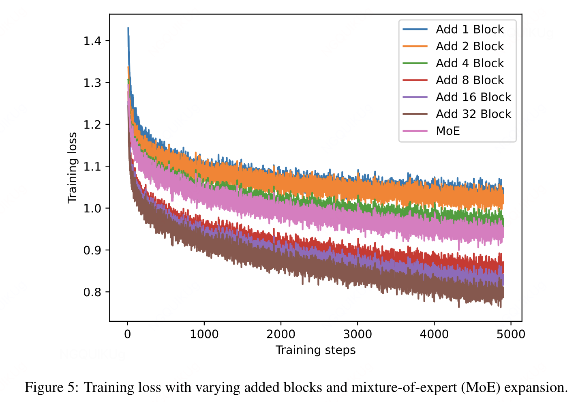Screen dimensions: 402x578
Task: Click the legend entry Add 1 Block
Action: click(469, 30)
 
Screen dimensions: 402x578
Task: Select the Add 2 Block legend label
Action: click(469, 47)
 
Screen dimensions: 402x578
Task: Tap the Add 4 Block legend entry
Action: click(469, 64)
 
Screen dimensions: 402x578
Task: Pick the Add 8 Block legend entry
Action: click(469, 80)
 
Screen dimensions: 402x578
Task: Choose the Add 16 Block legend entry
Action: click(473, 97)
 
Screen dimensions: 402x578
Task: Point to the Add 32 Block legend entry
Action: click(473, 114)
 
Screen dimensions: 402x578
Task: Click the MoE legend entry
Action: click(448, 131)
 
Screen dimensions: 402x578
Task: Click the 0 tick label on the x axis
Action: click(128, 334)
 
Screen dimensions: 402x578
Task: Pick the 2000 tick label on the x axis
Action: click(281, 334)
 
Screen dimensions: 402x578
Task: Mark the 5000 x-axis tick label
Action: click(511, 334)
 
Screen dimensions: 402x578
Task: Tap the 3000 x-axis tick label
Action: click(358, 334)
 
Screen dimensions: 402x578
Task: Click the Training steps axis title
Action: click(315, 350)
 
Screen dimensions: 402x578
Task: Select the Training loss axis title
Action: click(73, 168)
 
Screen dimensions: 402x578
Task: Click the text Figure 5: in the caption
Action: click(51, 387)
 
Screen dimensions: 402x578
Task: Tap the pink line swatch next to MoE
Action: click(415, 131)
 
